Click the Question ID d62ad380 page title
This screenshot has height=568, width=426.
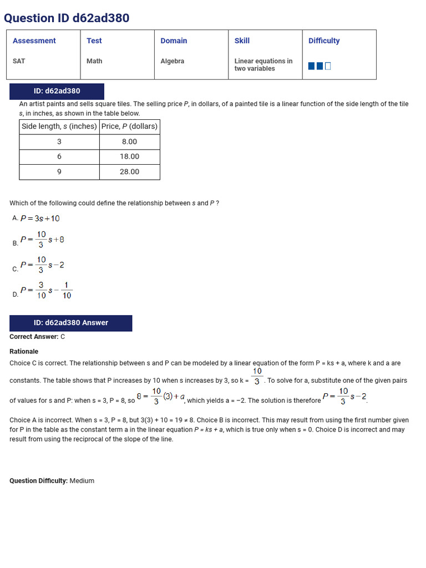tap(67, 18)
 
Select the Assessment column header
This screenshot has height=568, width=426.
tap(34, 41)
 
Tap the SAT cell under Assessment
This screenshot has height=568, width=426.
tap(19, 61)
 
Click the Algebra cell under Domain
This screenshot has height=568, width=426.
tap(172, 61)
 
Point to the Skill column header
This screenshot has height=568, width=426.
tap(242, 41)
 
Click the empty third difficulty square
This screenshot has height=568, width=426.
tap(328, 66)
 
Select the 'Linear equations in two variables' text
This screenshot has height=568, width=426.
tap(263, 65)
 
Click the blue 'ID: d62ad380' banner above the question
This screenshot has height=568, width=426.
tap(57, 91)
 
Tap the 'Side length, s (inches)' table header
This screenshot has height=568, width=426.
tap(59, 126)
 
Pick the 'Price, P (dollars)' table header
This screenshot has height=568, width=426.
tap(129, 126)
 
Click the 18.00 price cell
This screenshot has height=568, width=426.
tap(129, 157)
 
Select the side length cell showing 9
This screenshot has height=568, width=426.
tap(59, 172)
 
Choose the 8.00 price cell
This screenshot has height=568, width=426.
tap(129, 142)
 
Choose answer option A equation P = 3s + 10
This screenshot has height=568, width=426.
tap(40, 219)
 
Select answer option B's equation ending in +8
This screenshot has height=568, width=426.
tap(42, 240)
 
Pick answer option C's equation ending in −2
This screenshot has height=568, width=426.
tap(42, 265)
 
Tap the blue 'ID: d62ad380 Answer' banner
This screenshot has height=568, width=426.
tap(70, 323)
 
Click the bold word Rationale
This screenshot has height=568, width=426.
tap(24, 352)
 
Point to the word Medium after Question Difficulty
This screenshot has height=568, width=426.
tap(82, 481)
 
